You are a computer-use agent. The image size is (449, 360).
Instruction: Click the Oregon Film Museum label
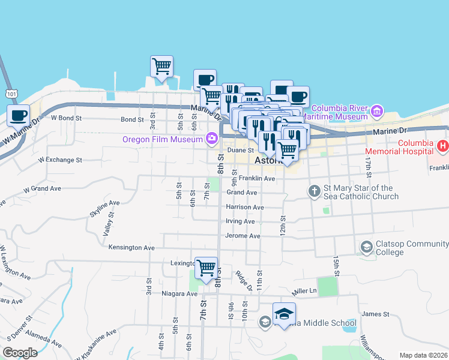click(162, 139)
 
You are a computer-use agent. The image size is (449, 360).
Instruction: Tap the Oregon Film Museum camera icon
click(211, 139)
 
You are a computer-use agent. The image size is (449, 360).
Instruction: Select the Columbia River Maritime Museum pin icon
click(376, 111)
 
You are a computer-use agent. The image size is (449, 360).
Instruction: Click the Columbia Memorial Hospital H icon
click(442, 145)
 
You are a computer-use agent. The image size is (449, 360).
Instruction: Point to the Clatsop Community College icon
click(366, 247)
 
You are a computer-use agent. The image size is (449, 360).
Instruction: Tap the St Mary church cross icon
click(313, 192)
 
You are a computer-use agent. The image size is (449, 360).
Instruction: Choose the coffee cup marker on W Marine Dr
click(18, 115)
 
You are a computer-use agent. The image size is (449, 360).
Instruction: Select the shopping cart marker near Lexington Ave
click(206, 267)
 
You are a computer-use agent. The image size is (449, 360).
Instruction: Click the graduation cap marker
click(284, 314)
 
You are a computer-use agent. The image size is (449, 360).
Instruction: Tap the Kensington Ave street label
click(131, 247)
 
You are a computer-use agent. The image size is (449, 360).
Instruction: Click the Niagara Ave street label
click(179, 294)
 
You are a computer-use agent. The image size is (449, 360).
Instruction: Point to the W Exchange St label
click(60, 160)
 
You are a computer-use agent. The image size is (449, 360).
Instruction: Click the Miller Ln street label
click(304, 292)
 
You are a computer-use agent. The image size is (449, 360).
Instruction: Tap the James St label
click(376, 314)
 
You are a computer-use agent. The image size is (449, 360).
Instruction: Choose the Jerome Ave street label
click(243, 236)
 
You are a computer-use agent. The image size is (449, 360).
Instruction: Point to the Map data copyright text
click(423, 355)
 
